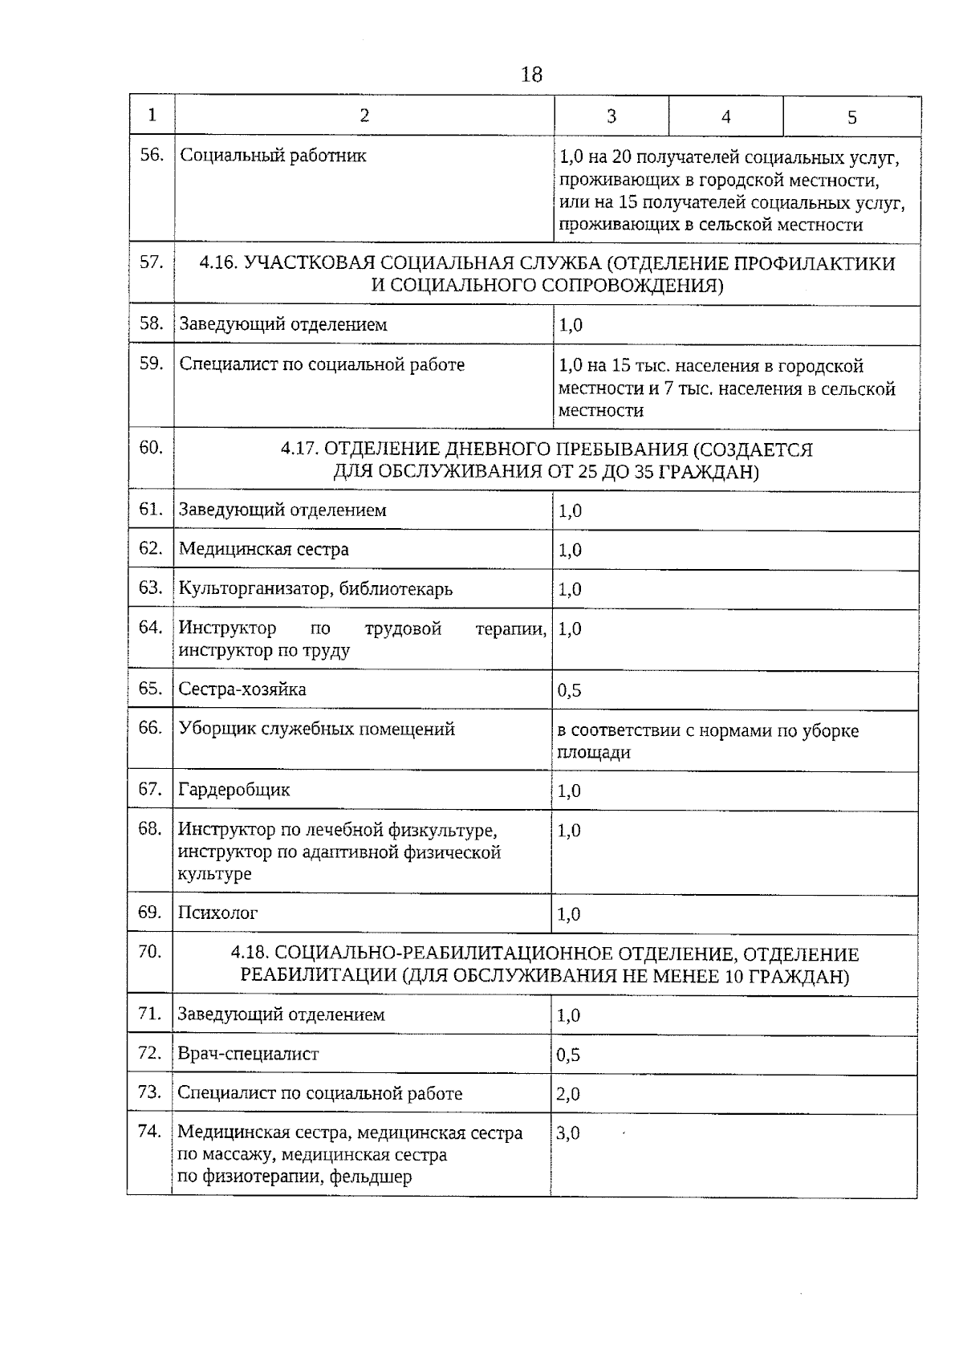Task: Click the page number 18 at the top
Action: [x=531, y=75]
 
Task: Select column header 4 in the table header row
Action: [x=725, y=117]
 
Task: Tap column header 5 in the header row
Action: [x=851, y=118]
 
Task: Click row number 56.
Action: [x=151, y=155]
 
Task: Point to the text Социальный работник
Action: [x=273, y=156]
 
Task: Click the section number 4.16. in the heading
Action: [x=218, y=264]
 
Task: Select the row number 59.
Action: [x=151, y=364]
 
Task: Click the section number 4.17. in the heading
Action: [x=300, y=449]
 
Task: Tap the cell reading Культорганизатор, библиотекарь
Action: [x=315, y=588]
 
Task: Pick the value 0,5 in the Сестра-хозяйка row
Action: [x=569, y=691]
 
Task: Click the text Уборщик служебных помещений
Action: [x=316, y=729]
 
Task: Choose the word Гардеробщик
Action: [x=234, y=790]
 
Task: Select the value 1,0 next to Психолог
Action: [x=568, y=914]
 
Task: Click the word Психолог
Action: [x=217, y=913]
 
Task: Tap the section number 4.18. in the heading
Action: [x=250, y=954]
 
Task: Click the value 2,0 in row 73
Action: [x=567, y=1095]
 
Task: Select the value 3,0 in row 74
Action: [x=567, y=1133]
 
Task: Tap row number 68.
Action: [x=150, y=828]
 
